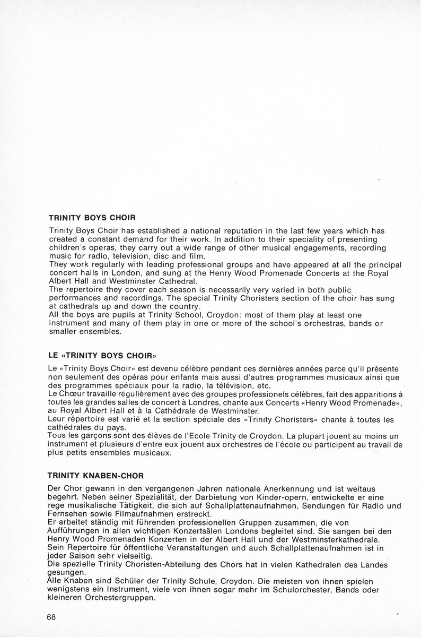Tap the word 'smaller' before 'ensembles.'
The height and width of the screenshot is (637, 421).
64,332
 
